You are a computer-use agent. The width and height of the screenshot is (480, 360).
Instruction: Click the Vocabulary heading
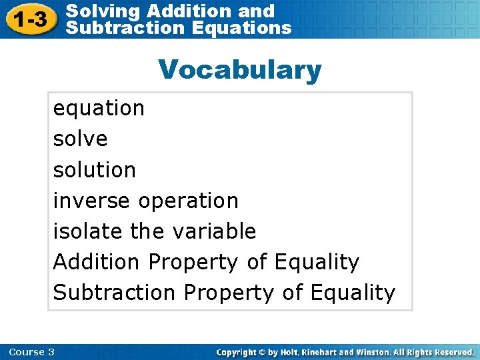coord(239,69)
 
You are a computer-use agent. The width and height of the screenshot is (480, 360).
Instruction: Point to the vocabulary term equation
coord(99,108)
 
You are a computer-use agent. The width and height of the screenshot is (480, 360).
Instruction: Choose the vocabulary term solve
coord(80,139)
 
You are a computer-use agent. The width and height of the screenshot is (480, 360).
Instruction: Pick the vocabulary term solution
coord(94,169)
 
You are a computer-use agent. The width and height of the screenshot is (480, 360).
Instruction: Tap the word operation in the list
coord(188,200)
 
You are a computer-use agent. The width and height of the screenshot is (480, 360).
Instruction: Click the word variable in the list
coord(214,231)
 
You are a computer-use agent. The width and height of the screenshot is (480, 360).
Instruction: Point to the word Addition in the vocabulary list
coord(97,262)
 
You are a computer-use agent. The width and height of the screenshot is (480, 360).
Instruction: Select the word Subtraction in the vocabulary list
coord(115,293)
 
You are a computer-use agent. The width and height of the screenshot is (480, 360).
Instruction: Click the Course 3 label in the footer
coord(32,352)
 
